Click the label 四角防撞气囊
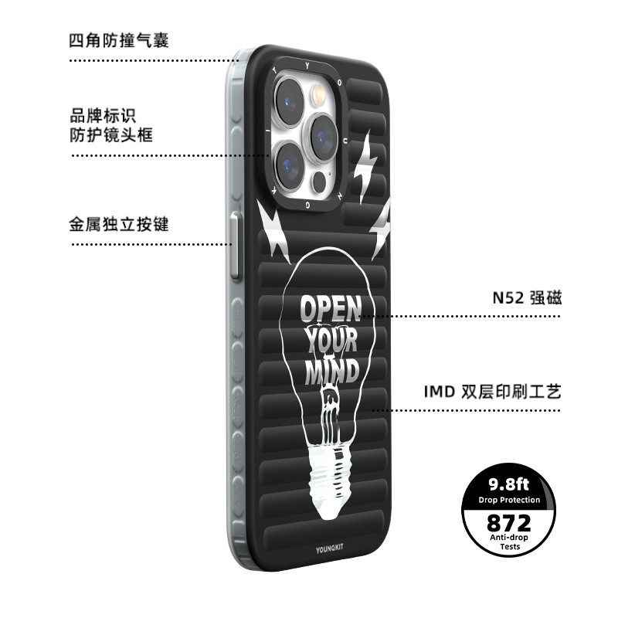pyautogui.click(x=119, y=41)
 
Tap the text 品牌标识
pyautogui.click(x=103, y=116)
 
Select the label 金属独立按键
pyautogui.click(x=119, y=224)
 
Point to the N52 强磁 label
pyautogui.click(x=527, y=297)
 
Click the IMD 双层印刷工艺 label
pyautogui.click(x=492, y=392)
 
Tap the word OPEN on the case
pyautogui.click(x=331, y=308)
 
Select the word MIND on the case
pyautogui.click(x=332, y=371)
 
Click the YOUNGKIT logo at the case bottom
pyautogui.click(x=330, y=548)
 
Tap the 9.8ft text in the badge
pyautogui.click(x=509, y=484)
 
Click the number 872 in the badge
pyautogui.click(x=509, y=523)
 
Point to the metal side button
pyautogui.click(x=236, y=246)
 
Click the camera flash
pyautogui.click(x=318, y=95)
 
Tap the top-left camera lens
pyautogui.click(x=289, y=101)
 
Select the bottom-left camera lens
pyautogui.click(x=289, y=166)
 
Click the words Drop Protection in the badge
pyautogui.click(x=509, y=500)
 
